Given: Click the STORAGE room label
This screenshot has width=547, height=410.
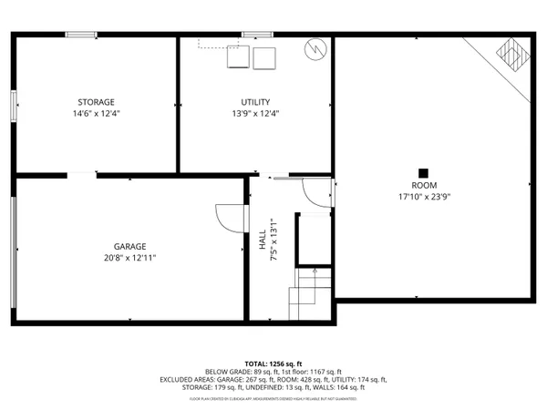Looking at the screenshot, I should coord(95,102).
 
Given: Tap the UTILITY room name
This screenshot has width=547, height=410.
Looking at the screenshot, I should coord(255,102).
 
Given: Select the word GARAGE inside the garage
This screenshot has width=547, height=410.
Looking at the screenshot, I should coord(129,246).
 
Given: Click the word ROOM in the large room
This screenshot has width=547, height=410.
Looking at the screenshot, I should coord(424,185).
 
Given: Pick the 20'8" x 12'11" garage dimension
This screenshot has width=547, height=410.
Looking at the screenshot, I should coord(129,258).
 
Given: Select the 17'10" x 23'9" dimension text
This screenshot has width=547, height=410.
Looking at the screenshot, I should coord(424,197).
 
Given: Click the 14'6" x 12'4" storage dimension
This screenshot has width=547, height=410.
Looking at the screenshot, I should coord(95,114).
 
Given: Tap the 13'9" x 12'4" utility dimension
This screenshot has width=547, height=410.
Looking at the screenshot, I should coord(255,114).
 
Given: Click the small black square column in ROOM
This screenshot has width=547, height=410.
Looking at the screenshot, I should coord(423,172).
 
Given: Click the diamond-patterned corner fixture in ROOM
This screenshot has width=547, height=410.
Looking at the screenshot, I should coord(511,57).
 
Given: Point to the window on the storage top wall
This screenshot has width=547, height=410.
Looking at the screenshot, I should coord(81,36).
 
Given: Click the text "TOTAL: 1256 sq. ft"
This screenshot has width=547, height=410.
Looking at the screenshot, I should coord(273,364).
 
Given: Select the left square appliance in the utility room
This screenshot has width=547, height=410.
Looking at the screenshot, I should coord(238,57).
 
